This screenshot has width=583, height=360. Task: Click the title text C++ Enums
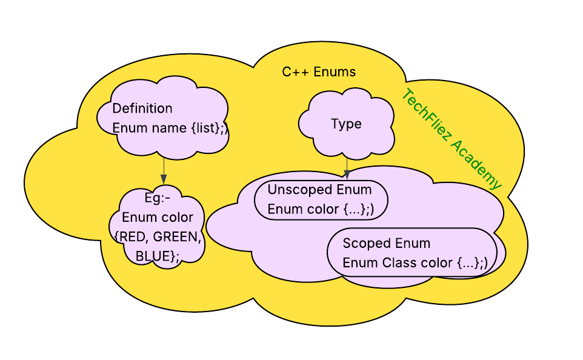click(319, 72)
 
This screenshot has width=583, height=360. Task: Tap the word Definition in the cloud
click(142, 108)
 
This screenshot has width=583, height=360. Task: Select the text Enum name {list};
click(170, 128)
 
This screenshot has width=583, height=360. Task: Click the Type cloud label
click(346, 124)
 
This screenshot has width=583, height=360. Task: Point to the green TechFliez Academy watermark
click(452, 139)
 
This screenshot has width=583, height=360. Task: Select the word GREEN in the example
click(178, 237)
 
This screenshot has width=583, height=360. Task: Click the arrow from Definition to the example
click(164, 170)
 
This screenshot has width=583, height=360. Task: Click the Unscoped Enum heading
click(319, 190)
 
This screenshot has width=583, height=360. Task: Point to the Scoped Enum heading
click(386, 244)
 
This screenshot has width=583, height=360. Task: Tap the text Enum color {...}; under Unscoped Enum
click(321, 210)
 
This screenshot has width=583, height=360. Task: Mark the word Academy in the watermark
click(479, 167)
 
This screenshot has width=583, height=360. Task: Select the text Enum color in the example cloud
click(158, 218)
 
